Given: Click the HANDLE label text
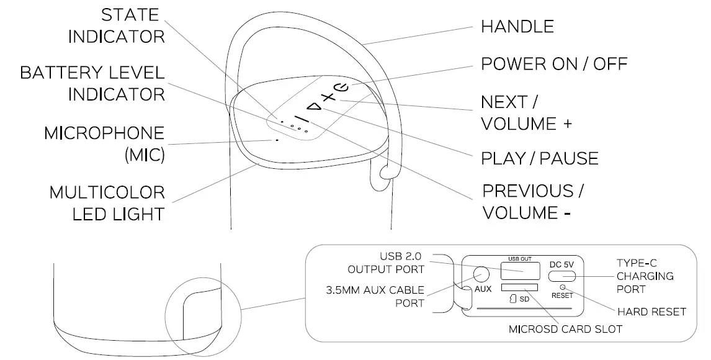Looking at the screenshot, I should click(x=517, y=26).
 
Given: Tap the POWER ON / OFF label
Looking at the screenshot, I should click(x=554, y=64).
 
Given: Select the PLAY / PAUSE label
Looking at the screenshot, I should click(x=539, y=158).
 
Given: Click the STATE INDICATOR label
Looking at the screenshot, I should click(x=116, y=25).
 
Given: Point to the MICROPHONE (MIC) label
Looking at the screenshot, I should click(x=104, y=143).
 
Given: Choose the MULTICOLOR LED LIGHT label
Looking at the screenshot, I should click(x=107, y=203).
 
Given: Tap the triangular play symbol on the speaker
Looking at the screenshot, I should click(x=316, y=108).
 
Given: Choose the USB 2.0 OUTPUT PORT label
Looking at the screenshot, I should click(x=393, y=263).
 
